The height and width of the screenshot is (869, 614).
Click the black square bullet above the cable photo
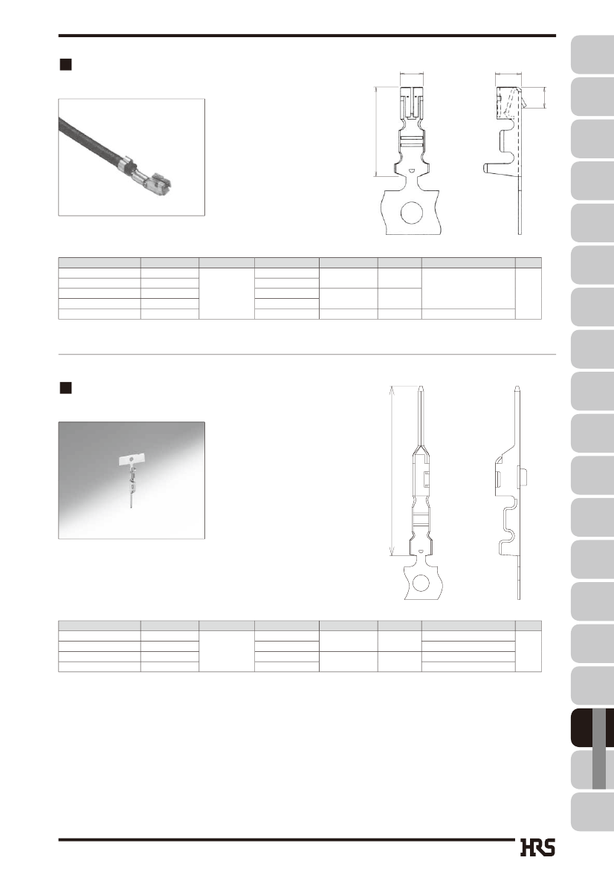(x=65, y=64)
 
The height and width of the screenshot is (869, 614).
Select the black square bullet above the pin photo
(x=65, y=388)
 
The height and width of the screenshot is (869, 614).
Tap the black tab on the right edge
(x=592, y=727)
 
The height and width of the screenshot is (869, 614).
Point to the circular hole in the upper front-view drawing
(x=412, y=213)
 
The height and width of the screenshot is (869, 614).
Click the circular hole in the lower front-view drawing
(x=421, y=583)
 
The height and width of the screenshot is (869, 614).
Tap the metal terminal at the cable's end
(x=149, y=179)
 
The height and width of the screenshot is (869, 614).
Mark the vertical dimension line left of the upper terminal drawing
(x=376, y=132)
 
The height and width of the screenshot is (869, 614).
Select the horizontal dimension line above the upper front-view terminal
(x=412, y=73)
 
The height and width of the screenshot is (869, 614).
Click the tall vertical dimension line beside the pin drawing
(x=392, y=471)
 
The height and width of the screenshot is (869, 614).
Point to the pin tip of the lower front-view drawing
(x=421, y=387)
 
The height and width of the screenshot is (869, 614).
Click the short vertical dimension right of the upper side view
(x=545, y=97)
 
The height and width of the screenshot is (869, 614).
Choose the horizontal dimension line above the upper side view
(x=508, y=73)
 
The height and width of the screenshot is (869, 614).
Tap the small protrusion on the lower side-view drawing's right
(x=524, y=476)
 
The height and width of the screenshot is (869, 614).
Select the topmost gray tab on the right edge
(x=592, y=54)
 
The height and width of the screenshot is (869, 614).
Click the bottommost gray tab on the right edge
(x=592, y=811)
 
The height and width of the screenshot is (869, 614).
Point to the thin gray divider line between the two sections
(x=307, y=354)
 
